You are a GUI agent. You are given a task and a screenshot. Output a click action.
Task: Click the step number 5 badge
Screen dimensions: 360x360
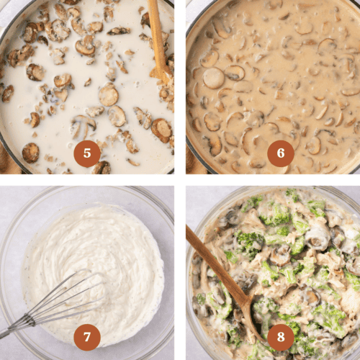(x=87, y=153)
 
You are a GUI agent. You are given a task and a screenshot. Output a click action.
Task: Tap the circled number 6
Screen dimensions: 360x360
(x=280, y=153)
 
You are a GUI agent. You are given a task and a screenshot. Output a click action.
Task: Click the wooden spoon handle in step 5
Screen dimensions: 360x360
(x=158, y=36)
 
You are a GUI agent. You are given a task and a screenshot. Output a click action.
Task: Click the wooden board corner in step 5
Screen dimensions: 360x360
(x=6, y=162)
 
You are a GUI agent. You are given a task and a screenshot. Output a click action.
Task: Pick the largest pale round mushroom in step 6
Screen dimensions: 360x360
(x=213, y=78)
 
